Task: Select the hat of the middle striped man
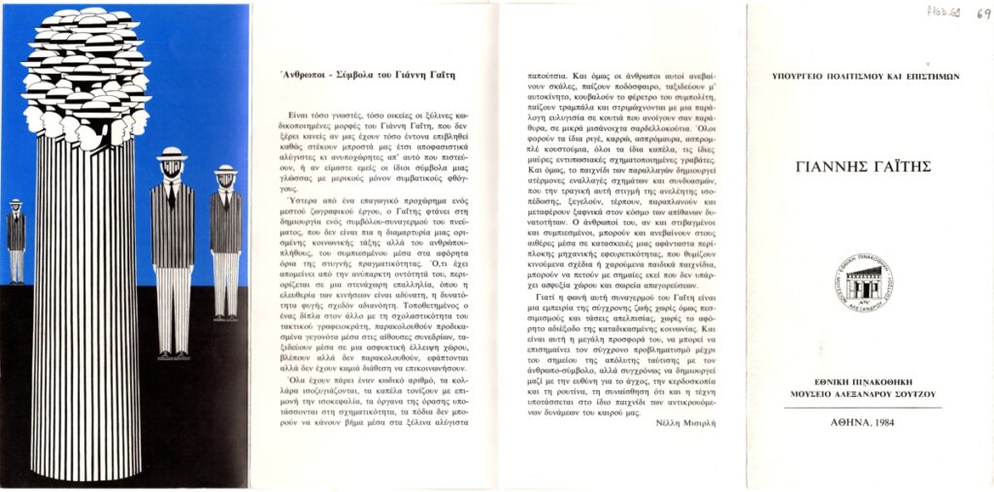172,153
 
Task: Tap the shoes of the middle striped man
173,354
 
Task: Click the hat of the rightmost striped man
225,170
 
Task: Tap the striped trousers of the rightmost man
226,281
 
